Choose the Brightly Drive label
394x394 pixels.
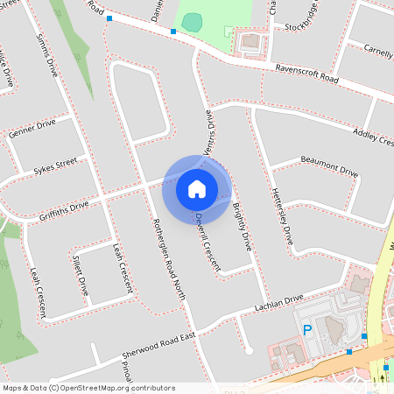point(242,228)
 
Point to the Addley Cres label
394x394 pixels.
point(372,137)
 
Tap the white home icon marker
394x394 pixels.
point(197,188)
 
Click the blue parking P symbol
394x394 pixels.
point(306,330)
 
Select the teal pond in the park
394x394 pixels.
point(193,21)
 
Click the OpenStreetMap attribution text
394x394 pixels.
point(88,387)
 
